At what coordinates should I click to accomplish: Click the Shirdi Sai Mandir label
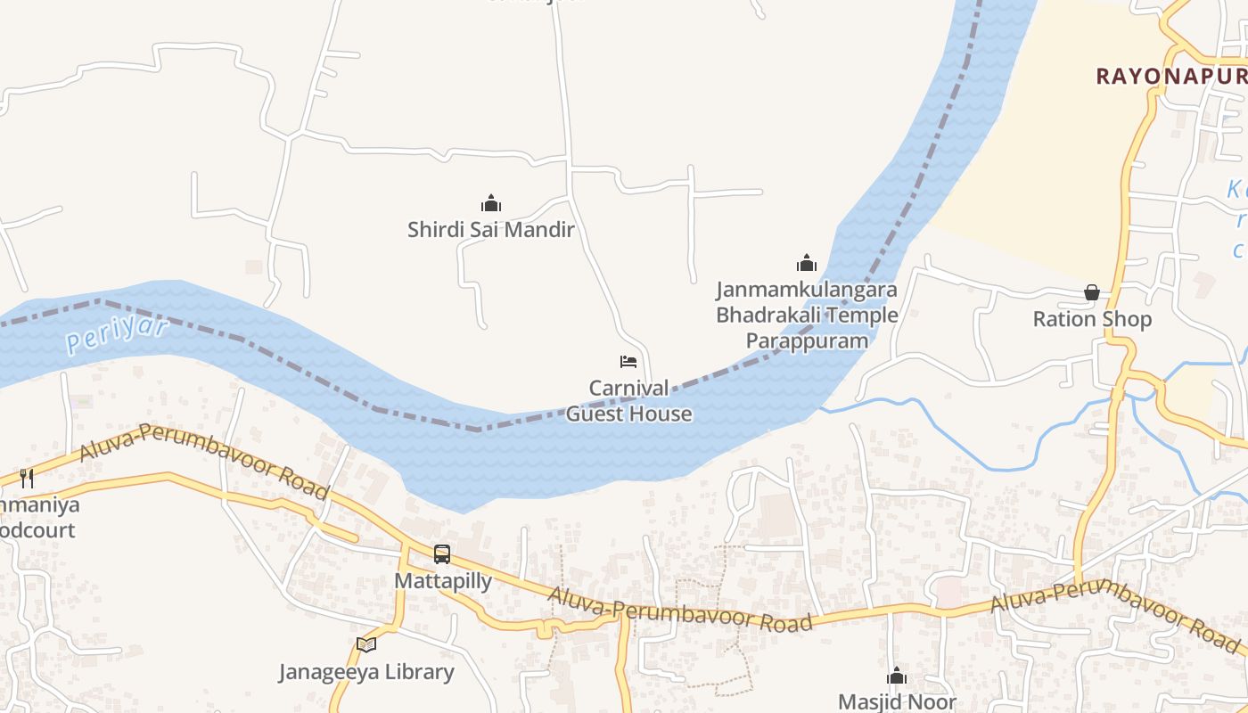490,230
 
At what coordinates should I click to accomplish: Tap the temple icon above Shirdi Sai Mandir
490,203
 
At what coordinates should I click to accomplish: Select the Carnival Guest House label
628,401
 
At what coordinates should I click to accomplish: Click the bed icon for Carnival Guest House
628,362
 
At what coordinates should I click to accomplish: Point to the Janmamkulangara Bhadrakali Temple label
807,316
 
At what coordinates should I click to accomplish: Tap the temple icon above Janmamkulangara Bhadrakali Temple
807,263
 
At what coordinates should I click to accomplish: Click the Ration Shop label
1092,319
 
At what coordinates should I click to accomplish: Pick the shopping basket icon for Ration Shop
1092,292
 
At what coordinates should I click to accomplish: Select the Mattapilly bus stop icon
442,554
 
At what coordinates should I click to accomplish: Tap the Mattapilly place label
443,581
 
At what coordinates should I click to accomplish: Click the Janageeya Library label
366,672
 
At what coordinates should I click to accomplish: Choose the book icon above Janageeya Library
366,644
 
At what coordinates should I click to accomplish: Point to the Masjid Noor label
897,701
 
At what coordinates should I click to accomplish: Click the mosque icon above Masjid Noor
897,676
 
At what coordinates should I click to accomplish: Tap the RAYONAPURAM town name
1171,77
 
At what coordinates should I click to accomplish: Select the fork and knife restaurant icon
27,479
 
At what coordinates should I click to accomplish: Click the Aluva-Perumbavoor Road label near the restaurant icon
204,461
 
